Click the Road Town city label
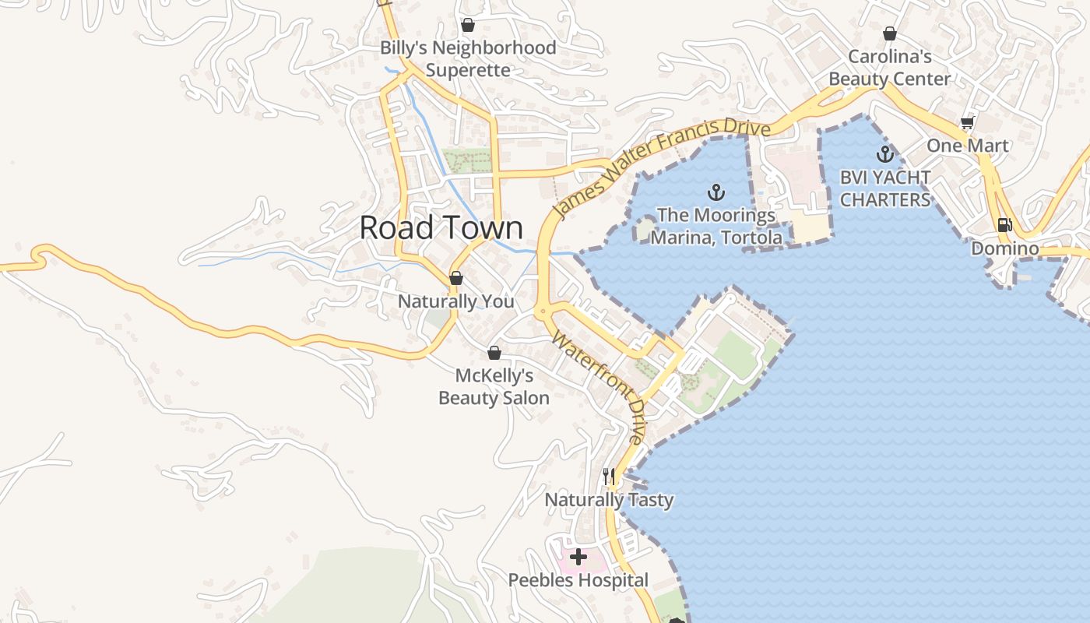point(441,227)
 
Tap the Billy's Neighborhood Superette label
point(468,58)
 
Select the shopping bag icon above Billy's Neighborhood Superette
point(468,25)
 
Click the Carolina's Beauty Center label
point(889,68)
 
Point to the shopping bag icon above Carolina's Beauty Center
point(890,33)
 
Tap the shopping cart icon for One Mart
point(967,122)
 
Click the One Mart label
point(967,146)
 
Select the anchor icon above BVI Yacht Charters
point(884,153)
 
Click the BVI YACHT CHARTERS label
point(885,188)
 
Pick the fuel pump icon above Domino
point(1004,225)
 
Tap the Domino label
point(1004,249)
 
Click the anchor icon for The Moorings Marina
point(716,192)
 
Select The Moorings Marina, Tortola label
point(716,226)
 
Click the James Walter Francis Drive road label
point(661,167)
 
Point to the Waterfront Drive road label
point(599,387)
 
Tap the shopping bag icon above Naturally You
point(456,278)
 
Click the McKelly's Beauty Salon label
point(494,387)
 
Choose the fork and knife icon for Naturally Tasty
point(609,476)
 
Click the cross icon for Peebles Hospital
point(578,557)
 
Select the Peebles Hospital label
point(578,580)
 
